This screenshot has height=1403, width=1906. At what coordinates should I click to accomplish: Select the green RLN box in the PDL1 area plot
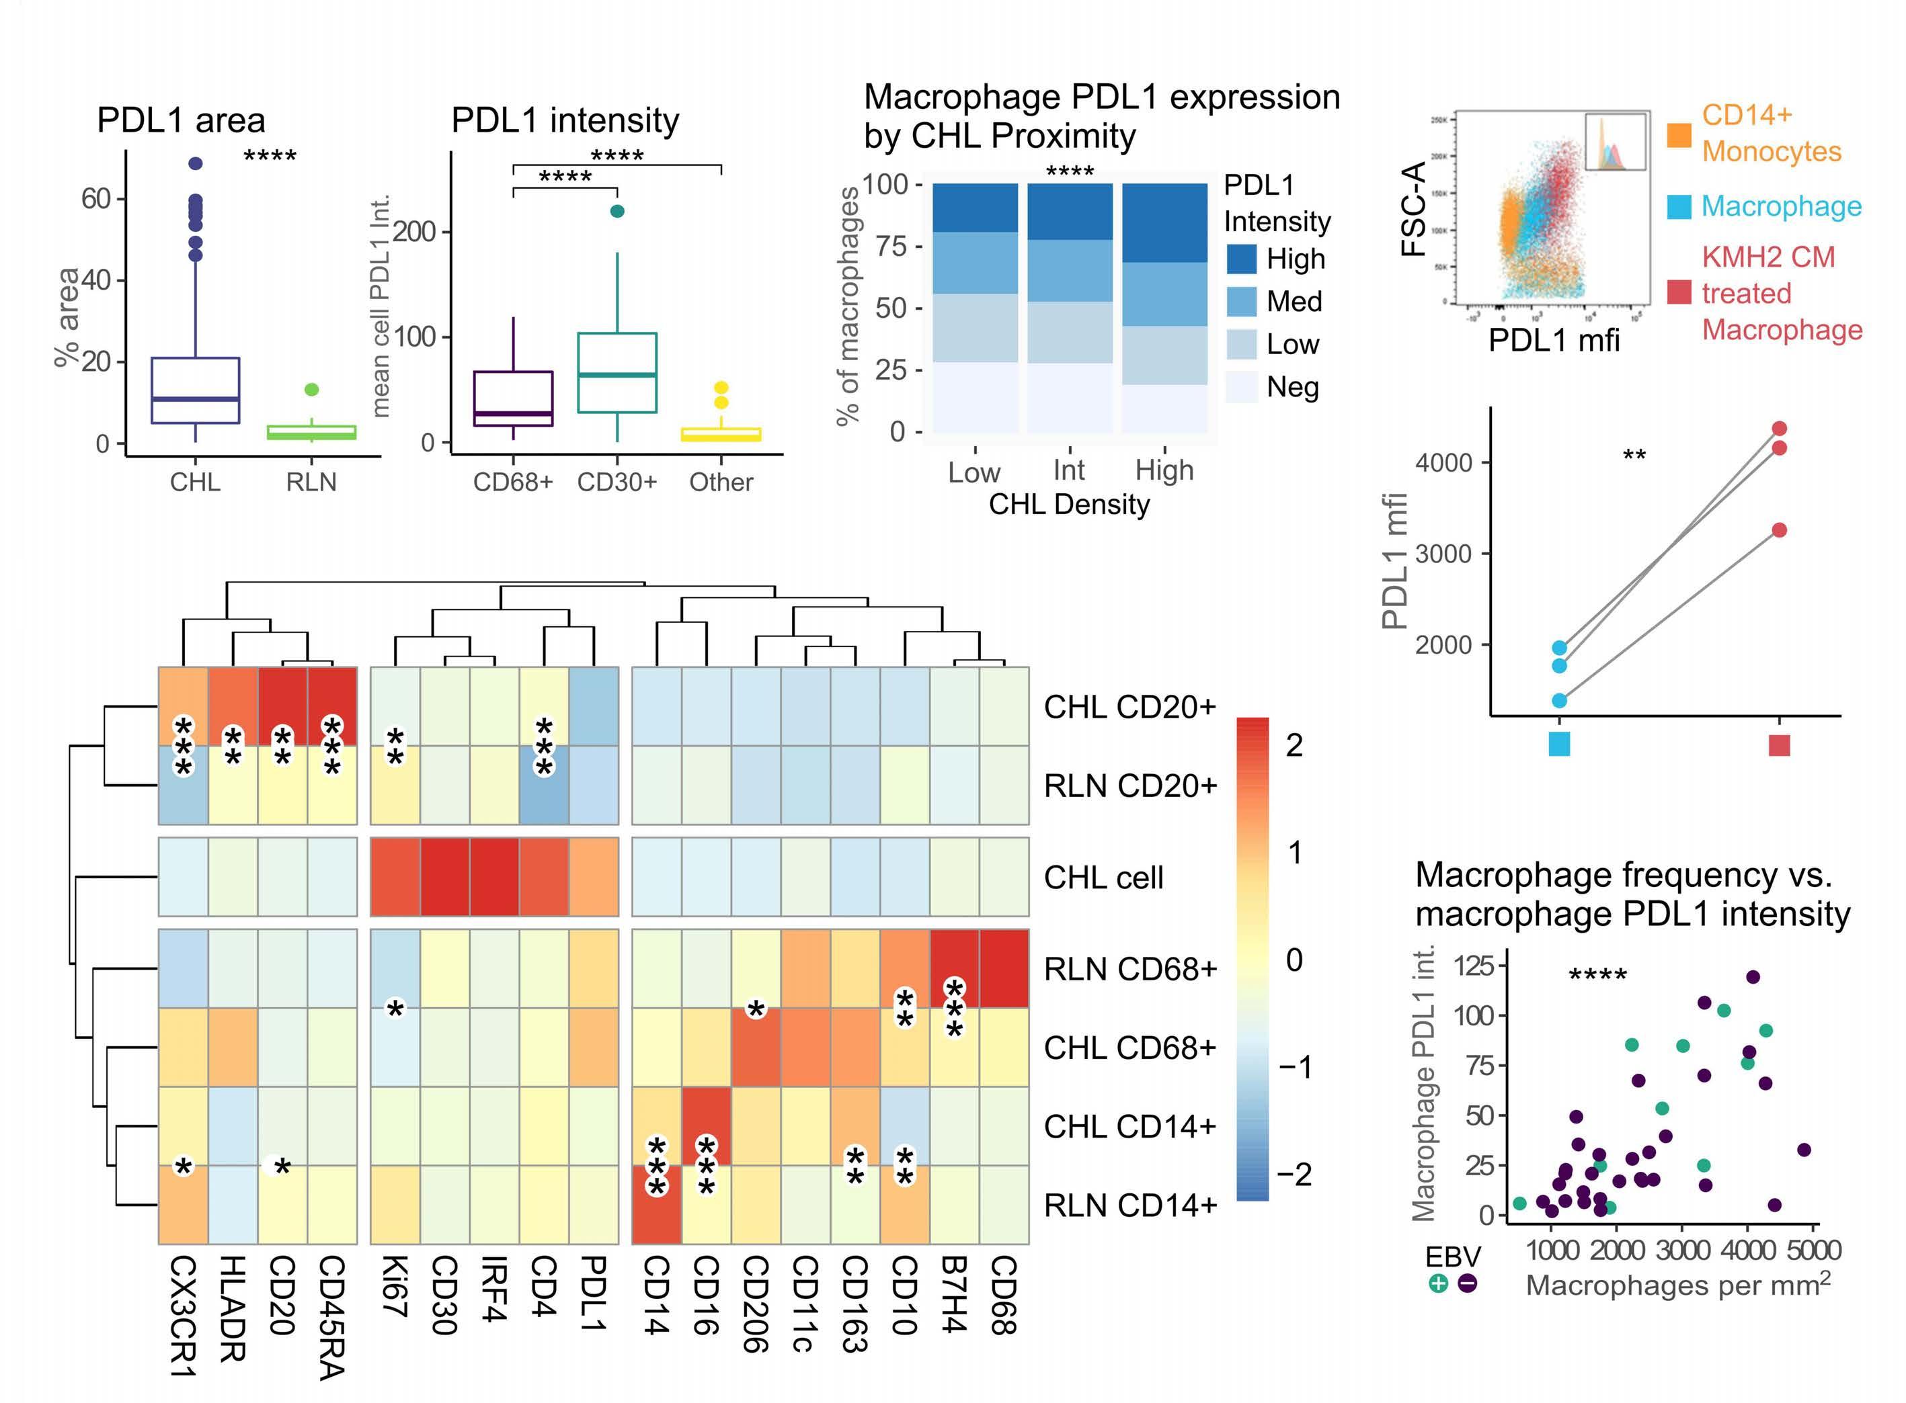pos(311,432)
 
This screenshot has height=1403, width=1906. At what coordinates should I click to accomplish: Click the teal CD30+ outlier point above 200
pos(617,212)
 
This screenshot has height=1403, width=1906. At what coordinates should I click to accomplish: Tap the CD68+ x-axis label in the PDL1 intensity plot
pos(512,482)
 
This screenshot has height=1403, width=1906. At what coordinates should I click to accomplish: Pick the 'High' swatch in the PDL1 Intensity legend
pos(1242,259)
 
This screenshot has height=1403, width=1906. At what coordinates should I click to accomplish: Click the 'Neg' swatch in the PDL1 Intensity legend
pos(1242,387)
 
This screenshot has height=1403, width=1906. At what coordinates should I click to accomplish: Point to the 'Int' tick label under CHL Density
pos(1069,470)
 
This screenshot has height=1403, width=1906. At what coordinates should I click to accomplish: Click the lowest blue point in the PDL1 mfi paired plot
pos(1559,701)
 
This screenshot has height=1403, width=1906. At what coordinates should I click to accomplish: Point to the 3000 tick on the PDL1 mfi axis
pos(1442,554)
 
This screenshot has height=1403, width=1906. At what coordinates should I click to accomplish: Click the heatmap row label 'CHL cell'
pos(1103,878)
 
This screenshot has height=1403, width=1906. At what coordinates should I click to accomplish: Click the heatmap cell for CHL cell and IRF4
pos(495,878)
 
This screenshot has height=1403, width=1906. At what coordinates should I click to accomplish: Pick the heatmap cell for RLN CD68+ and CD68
pos(1004,968)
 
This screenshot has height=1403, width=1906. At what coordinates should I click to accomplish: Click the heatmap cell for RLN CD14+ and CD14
pos(656,1205)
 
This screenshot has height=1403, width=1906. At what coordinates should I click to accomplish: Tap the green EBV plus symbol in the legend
pos(1438,1283)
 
